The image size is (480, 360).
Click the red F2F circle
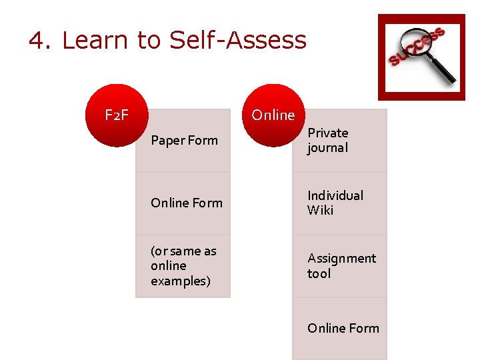[x=117, y=115]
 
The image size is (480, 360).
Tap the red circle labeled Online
[x=273, y=115]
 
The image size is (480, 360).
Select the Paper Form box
[x=183, y=141]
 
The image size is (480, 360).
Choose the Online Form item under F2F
[x=183, y=203]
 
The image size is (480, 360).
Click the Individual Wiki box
[x=339, y=203]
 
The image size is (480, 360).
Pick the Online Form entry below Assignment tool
[x=339, y=328]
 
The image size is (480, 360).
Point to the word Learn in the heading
[x=97, y=41]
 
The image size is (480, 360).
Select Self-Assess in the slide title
[x=238, y=41]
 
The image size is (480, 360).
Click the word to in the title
[x=150, y=41]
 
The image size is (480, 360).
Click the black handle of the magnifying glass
[x=443, y=71]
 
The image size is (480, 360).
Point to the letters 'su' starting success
[x=398, y=61]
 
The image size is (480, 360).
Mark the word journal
[x=327, y=148]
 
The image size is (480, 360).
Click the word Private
[x=327, y=133]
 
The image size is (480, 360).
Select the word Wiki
[x=320, y=211]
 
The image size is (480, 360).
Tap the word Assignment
[x=341, y=258]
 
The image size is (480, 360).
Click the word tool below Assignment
[x=319, y=273]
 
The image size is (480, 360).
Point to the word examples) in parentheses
[x=180, y=281]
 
